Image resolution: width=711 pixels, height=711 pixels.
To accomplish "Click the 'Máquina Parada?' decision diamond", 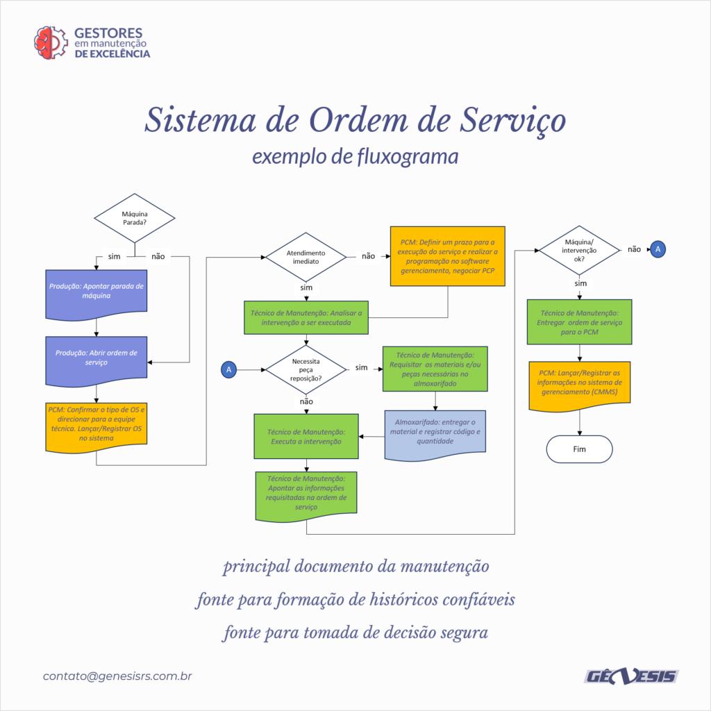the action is point(135,218).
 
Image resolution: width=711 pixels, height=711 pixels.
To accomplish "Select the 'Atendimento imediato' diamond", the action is point(306,257).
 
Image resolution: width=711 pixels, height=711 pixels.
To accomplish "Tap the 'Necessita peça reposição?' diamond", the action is point(306,369).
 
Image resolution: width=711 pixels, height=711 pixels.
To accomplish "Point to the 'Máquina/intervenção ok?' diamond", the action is point(579,250).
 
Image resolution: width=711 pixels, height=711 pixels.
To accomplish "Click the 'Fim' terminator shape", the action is point(580,449).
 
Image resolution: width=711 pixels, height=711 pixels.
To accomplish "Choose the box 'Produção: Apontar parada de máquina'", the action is point(96,294).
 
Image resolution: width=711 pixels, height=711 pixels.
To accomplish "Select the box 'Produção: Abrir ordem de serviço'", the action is point(96,361).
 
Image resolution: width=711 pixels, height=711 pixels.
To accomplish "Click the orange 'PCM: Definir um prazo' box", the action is point(448,256).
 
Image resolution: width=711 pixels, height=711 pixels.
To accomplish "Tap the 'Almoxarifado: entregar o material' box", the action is point(435,435).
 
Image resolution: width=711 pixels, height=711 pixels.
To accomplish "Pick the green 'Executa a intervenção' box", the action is point(306,436).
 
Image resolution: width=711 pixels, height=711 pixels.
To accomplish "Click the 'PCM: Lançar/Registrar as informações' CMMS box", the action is point(580,386).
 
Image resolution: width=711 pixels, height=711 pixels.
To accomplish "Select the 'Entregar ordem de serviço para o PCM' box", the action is point(580,322).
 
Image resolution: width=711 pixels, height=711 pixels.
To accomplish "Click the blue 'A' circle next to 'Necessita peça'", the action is point(228,369).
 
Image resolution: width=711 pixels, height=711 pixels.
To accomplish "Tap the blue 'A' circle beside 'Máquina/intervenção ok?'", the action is point(658,249).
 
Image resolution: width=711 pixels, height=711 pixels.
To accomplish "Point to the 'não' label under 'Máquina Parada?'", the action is point(158,257).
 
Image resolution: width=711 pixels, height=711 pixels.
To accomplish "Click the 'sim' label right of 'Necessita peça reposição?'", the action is point(361,367).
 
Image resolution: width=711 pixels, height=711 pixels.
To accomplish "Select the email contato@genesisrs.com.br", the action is point(117,676).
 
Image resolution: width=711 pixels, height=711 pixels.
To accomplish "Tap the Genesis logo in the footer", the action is point(632,676).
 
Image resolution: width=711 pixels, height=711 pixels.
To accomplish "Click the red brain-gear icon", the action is point(50,43).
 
